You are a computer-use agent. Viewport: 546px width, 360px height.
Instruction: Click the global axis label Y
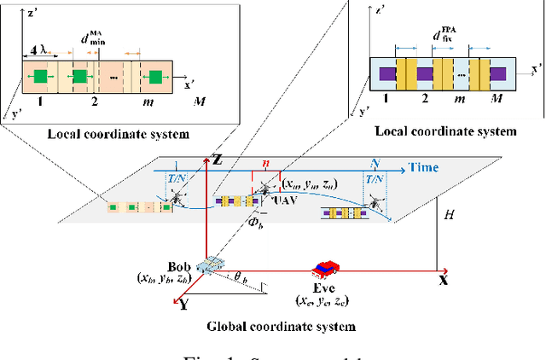[181, 305]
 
